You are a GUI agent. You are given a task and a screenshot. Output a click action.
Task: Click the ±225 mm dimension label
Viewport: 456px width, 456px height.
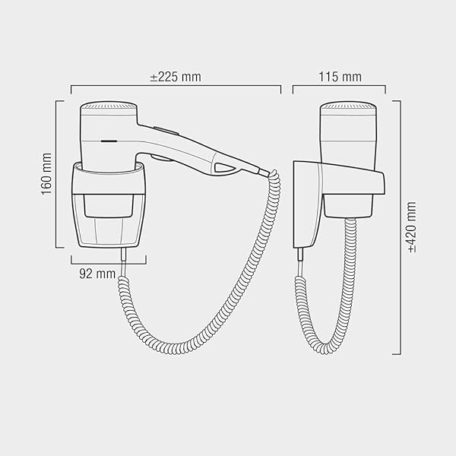coord(176,77)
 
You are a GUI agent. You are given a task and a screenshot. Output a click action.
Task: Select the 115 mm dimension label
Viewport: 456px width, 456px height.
coord(340,77)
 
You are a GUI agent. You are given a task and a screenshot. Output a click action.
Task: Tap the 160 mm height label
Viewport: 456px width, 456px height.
coord(46,174)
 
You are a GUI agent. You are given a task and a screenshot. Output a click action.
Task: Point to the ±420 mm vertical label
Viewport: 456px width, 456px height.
coord(412,227)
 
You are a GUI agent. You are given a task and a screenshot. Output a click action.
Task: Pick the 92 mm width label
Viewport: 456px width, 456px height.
coord(97,274)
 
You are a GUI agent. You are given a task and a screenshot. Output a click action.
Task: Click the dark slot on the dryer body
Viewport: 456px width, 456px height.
coord(109,141)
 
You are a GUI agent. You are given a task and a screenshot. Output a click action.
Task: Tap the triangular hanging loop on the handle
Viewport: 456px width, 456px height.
coord(224,168)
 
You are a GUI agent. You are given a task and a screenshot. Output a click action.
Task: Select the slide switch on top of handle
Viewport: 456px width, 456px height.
coord(166,131)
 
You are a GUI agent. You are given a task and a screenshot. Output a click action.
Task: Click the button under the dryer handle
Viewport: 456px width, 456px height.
coord(162,157)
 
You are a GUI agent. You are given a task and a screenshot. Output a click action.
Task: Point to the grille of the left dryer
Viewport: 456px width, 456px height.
coord(109,106)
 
